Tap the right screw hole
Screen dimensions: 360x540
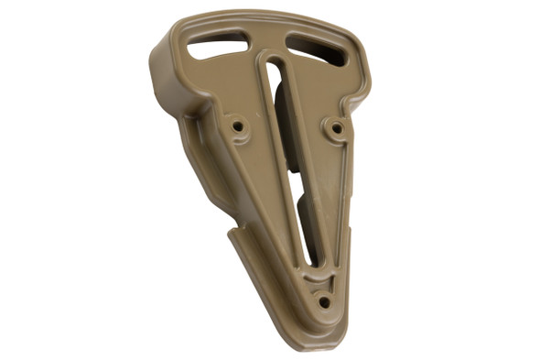[336, 128]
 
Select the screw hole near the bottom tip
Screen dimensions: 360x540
[323, 301]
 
